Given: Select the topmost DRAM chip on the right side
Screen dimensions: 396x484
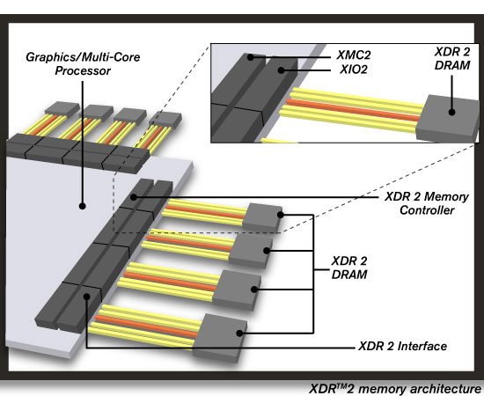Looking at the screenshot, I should pos(264,216).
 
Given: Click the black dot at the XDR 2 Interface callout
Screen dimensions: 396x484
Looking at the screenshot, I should pos(86,298).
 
